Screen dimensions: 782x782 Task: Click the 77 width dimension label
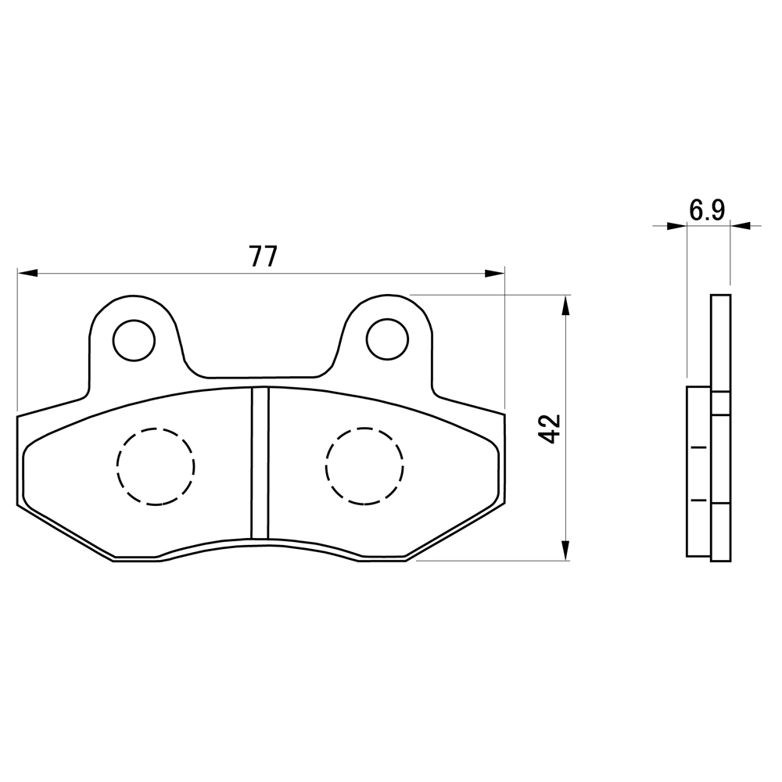[x=263, y=256]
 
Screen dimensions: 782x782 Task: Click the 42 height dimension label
[x=551, y=429]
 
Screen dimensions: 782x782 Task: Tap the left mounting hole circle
[x=134, y=340]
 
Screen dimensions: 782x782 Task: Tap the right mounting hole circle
[x=387, y=339]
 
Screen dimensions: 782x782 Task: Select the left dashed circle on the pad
[x=156, y=467]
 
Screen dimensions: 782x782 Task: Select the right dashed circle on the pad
[x=364, y=467]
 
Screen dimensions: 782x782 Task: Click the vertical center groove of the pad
[x=260, y=463]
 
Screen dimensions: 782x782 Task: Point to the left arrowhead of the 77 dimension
[x=27, y=273]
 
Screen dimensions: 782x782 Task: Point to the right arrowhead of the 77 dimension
[x=495, y=273]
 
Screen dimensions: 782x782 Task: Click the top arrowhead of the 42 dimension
[x=565, y=305]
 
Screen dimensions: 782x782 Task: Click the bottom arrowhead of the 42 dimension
[x=565, y=550]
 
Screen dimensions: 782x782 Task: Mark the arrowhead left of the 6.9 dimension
[x=676, y=226]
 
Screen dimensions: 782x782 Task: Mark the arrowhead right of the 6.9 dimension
[x=741, y=226]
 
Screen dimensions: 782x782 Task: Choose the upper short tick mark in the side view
[x=699, y=447]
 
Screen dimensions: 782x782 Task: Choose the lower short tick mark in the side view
[x=699, y=499]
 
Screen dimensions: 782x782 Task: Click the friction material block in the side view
[x=698, y=471]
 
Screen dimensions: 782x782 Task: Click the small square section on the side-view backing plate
[x=721, y=403]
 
